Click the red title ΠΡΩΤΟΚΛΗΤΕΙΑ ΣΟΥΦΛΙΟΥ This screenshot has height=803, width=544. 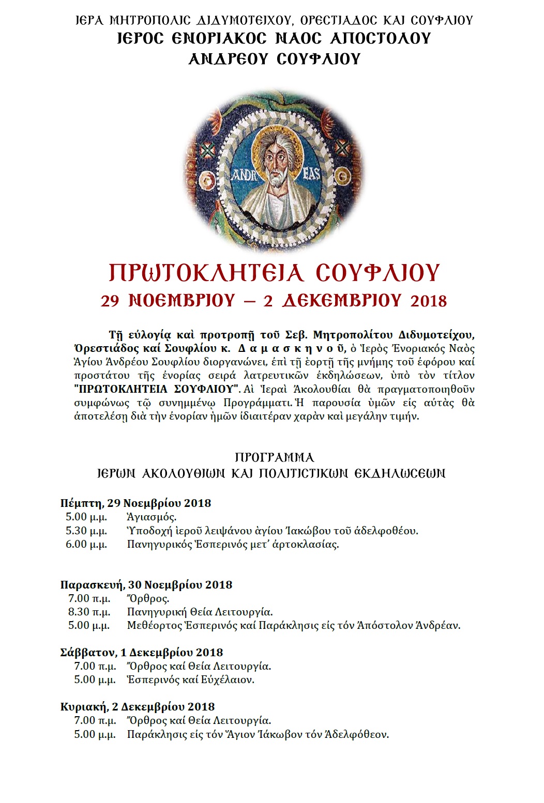[274, 273]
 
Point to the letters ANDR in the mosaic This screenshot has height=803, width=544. [241, 175]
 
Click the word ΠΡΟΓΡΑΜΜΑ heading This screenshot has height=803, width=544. [274, 458]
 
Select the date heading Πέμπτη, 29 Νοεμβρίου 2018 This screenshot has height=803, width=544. [135, 503]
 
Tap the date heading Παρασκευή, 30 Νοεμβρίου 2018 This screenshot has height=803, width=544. [146, 585]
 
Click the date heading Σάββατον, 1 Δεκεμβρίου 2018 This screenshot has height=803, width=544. [142, 653]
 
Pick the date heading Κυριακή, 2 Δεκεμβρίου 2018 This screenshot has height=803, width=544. [138, 707]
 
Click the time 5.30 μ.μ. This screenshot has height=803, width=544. [86, 531]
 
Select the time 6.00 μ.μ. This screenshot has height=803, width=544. [86, 544]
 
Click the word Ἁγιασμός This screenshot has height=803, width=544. [152, 517]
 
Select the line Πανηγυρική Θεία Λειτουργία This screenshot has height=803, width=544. [200, 612]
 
